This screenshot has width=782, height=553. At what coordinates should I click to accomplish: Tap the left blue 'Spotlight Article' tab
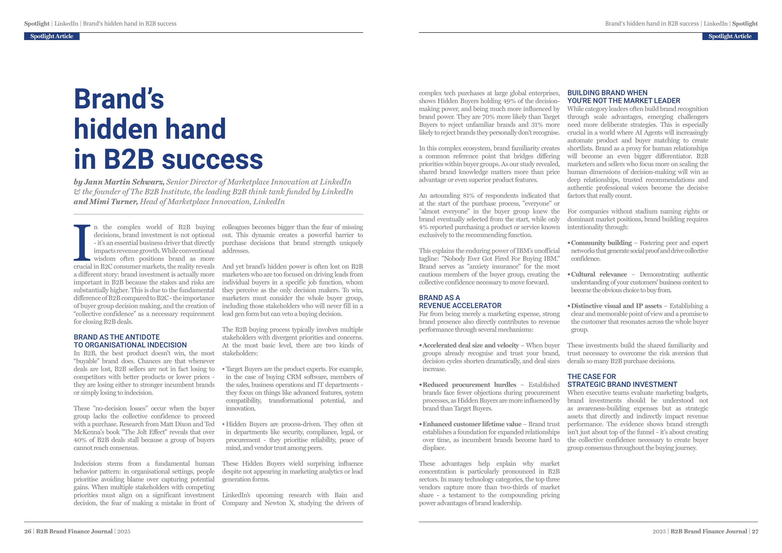(x=52, y=36)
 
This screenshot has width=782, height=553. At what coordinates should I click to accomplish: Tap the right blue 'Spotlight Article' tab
(x=730, y=36)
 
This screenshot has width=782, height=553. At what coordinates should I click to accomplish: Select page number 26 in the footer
(x=27, y=531)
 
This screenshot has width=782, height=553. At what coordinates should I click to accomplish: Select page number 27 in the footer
(x=755, y=531)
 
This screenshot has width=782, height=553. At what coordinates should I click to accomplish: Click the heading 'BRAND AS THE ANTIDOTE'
(x=116, y=337)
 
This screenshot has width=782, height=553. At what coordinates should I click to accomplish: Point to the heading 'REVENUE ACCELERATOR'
(x=460, y=306)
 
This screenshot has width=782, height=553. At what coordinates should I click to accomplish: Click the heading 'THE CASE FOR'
(x=592, y=376)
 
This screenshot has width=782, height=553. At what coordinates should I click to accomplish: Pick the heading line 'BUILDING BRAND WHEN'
(x=607, y=93)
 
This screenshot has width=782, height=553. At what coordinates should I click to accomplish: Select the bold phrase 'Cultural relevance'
(x=599, y=275)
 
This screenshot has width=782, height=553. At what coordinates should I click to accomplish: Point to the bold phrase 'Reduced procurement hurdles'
(x=469, y=385)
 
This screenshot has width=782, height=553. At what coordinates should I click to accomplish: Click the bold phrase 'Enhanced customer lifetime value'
(x=472, y=424)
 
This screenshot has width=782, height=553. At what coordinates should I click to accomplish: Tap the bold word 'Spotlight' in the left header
(x=37, y=24)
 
